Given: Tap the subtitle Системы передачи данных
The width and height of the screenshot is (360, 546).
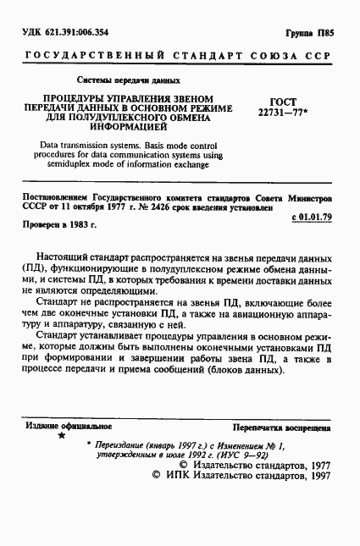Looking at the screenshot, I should (x=129, y=81).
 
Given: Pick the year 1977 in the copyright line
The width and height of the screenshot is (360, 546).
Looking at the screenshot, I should (x=313, y=488).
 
